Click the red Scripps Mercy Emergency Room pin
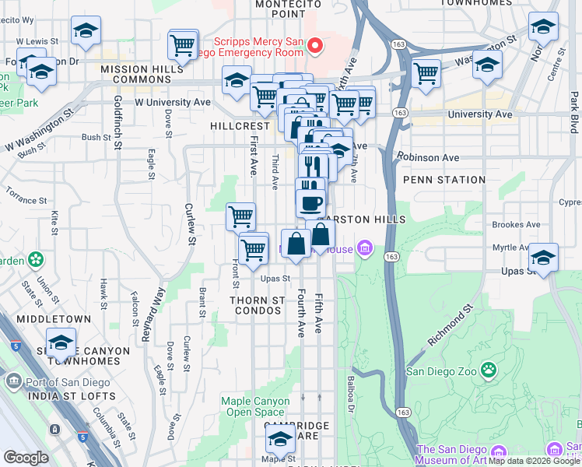(x=315, y=46)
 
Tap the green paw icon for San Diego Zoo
(x=489, y=368)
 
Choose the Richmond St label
(x=451, y=326)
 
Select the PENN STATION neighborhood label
(x=444, y=180)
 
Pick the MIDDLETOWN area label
(x=58, y=319)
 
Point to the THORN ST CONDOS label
(x=257, y=305)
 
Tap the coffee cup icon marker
(x=311, y=203)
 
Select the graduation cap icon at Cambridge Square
(x=281, y=441)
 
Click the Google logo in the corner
(x=26, y=458)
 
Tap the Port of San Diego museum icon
(x=14, y=381)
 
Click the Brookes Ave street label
(x=516, y=225)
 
